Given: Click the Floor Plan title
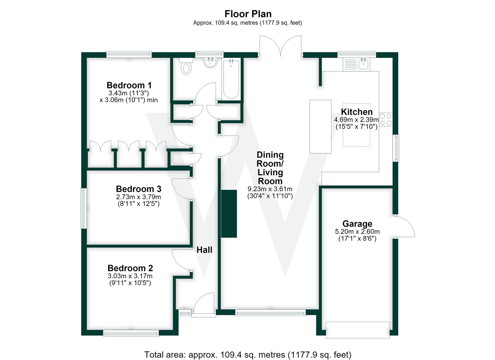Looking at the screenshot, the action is (248, 14).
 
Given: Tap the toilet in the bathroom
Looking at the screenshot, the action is (186, 66).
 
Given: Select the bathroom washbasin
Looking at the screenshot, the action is (210, 62).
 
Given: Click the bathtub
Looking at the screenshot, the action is (231, 79).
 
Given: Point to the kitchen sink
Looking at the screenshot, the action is (363, 64).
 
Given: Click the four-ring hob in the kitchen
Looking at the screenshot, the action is (386, 119).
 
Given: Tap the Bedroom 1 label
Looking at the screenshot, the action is (129, 85).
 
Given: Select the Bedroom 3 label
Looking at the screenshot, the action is (139, 189).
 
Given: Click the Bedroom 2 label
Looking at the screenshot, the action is (130, 268).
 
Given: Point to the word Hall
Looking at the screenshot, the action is (204, 250).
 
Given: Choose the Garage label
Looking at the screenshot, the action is (357, 224).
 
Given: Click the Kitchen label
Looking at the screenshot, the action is (357, 112).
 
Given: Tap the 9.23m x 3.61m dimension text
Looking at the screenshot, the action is (270, 189).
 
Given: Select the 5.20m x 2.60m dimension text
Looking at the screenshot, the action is (357, 232).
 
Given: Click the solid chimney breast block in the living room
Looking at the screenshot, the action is (229, 214).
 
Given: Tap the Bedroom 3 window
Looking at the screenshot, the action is (83, 208).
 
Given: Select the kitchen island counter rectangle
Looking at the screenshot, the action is (320, 127).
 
